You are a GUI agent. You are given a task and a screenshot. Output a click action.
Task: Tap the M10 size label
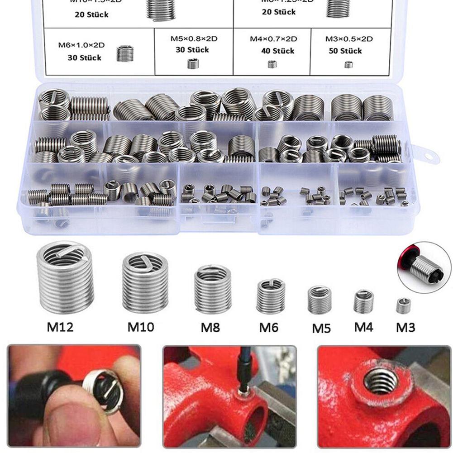140,326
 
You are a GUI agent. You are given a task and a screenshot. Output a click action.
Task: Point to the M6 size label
268,327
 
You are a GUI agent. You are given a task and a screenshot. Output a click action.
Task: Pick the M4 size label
363,326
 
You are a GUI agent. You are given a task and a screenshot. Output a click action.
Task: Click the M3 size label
405,326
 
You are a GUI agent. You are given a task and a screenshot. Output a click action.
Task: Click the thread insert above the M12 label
65,277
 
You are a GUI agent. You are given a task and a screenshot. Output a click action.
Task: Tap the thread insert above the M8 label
212,289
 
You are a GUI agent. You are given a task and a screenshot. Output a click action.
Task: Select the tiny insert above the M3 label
403,305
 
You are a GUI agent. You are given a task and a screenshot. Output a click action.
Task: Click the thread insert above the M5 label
319,300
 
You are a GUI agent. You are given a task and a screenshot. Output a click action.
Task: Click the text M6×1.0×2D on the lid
81,45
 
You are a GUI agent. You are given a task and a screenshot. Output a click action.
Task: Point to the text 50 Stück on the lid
345,51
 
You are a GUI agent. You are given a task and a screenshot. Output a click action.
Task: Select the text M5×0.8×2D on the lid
194,39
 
